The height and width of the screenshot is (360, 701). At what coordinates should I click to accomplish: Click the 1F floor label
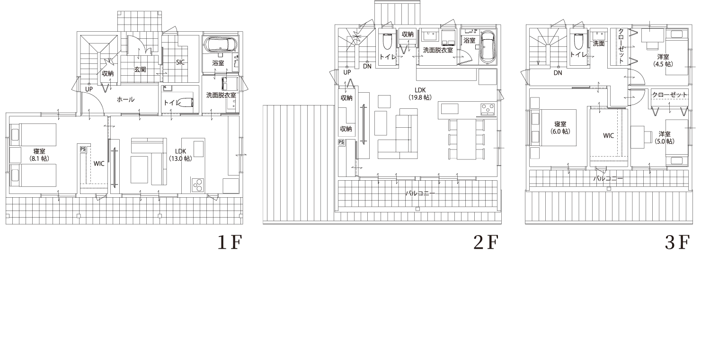point(230,242)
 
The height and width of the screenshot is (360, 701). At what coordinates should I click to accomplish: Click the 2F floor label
point(486,242)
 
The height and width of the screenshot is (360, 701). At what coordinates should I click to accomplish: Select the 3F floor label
point(677,242)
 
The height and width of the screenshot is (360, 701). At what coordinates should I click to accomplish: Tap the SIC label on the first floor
point(180,62)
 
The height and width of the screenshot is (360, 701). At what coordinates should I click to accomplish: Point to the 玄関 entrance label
point(140,69)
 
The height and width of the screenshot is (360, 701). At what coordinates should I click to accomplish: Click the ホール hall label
point(125,99)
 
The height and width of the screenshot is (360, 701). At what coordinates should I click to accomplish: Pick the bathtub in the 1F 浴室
point(221,45)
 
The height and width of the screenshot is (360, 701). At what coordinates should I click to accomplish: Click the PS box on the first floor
point(83,149)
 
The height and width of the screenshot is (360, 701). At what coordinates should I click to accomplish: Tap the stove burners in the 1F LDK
point(197,184)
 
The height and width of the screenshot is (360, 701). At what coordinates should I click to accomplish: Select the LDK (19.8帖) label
point(420,94)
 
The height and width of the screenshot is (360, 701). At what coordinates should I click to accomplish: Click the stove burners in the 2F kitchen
point(487,109)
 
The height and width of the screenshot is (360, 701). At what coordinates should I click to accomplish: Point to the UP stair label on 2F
point(347,72)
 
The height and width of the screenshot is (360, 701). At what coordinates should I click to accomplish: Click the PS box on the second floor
point(341,142)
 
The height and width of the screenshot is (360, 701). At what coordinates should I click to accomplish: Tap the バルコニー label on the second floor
point(420,193)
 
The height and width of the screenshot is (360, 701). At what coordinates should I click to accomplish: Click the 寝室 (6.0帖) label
point(560,128)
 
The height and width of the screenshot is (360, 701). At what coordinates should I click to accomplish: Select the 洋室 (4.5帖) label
point(663,61)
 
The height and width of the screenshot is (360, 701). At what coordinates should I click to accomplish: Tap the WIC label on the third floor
point(608,136)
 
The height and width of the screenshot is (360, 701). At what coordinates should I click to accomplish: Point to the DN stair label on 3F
point(558,73)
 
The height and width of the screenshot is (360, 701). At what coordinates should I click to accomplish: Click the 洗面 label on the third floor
point(599,44)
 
